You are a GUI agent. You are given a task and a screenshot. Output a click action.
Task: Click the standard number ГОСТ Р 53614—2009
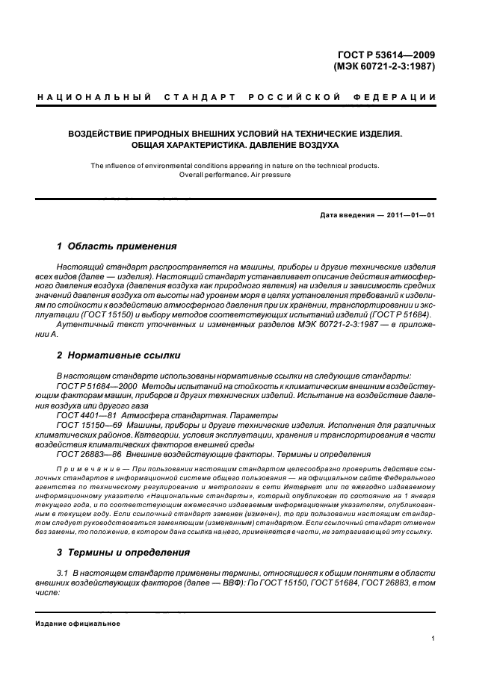[389, 54]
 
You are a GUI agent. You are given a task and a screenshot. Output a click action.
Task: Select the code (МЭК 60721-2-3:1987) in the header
[384, 66]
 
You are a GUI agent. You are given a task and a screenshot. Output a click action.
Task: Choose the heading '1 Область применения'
[117, 246]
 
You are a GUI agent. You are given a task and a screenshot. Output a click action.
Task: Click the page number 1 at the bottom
[433, 639]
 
